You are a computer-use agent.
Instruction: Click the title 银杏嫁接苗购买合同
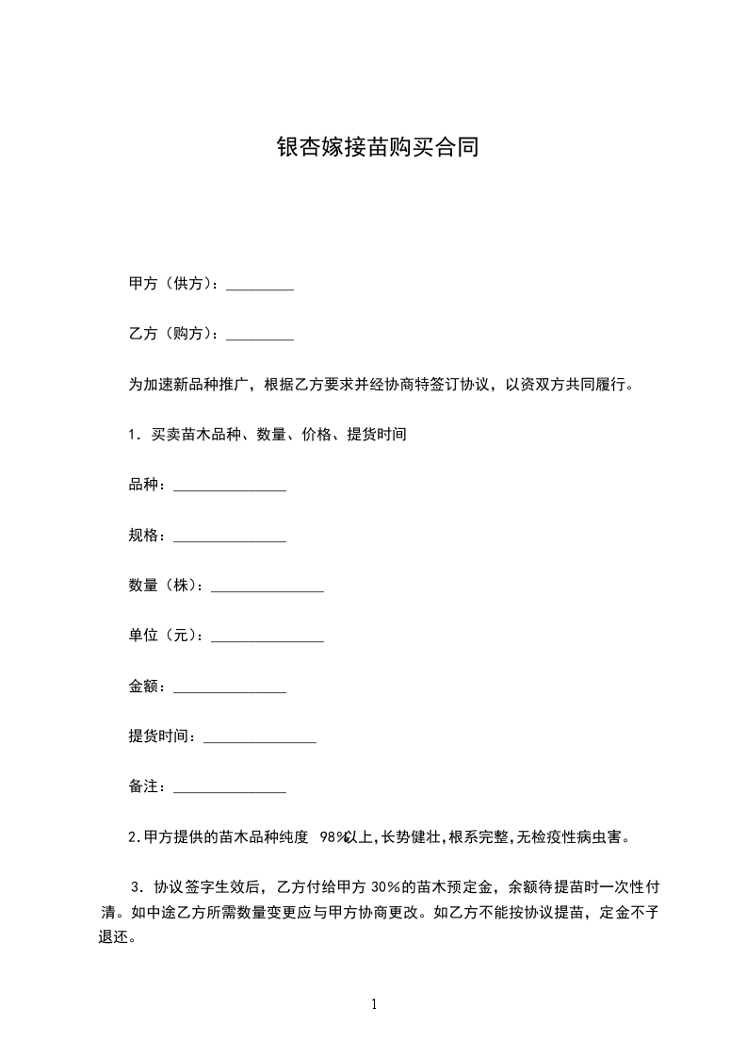pos(378,148)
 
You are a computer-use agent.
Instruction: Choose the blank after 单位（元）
pos(268,638)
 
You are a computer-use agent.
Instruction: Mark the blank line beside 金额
pos(230,688)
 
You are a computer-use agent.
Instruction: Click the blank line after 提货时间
pos(260,738)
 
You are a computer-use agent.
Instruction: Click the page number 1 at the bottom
pos(374,1004)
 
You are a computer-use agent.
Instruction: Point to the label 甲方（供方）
pos(173,284)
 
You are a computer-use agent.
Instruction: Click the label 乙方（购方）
pos(173,334)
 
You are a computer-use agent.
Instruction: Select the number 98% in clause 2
pos(334,836)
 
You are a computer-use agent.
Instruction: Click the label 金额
pos(147,686)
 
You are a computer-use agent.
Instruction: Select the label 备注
pos(147,786)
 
